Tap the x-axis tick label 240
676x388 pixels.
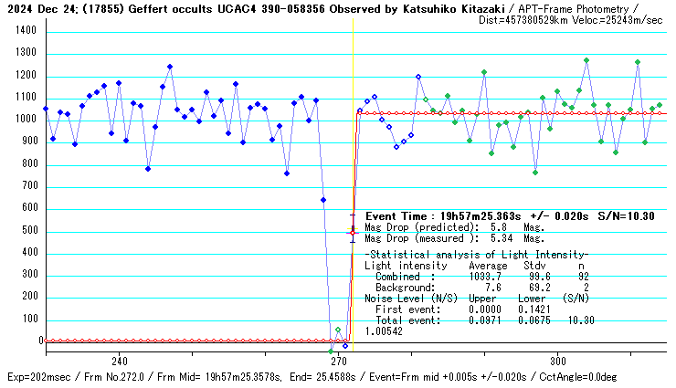pos(119,360)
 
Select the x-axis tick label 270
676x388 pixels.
pos(339,360)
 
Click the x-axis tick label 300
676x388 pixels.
pos(559,360)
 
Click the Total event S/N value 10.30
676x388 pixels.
pos(580,320)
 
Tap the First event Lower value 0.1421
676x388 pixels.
pos(532,309)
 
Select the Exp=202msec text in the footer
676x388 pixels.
pos(34,377)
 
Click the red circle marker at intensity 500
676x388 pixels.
pos(353,233)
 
